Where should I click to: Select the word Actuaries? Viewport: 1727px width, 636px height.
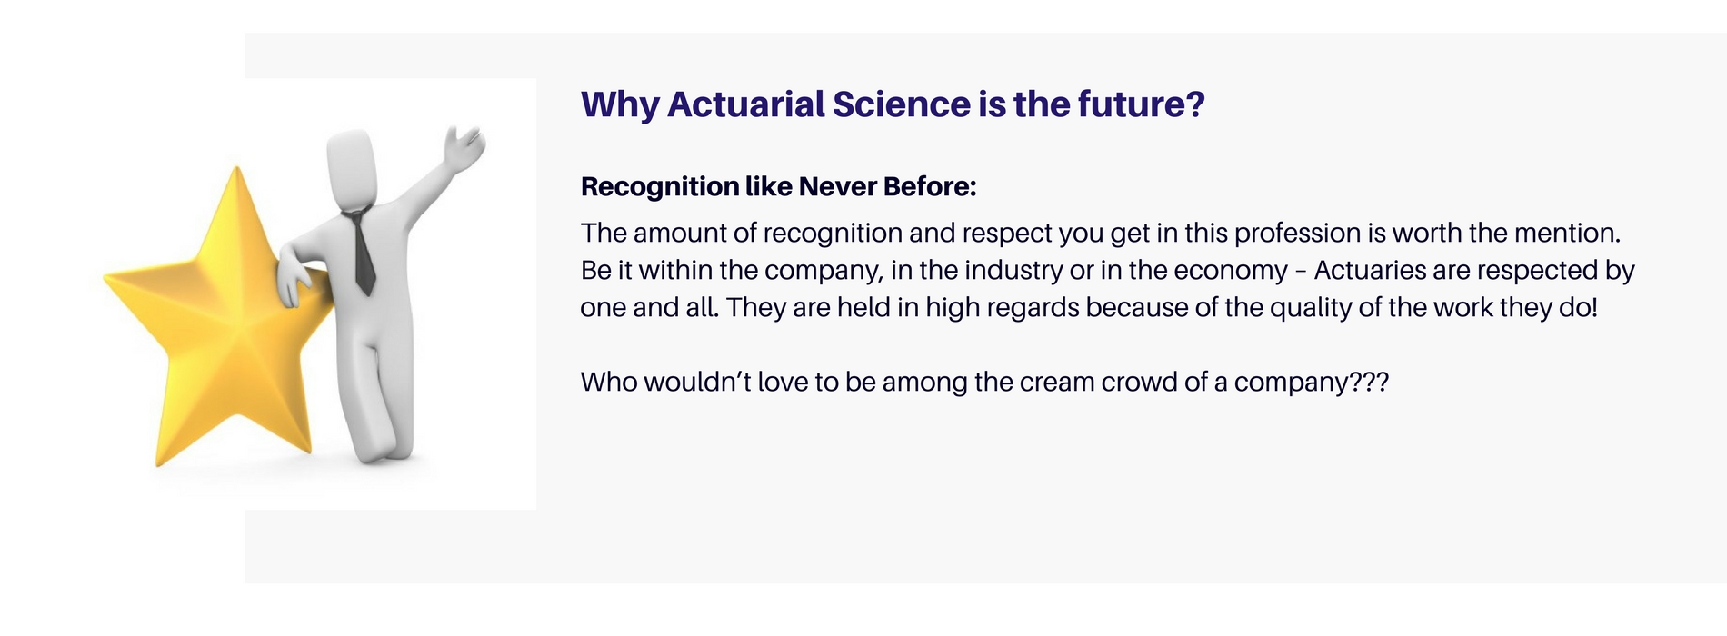pyautogui.click(x=1370, y=271)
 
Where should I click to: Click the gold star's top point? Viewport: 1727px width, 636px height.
pyautogui.click(x=237, y=168)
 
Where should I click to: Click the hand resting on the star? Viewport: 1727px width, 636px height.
pyautogui.click(x=293, y=282)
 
